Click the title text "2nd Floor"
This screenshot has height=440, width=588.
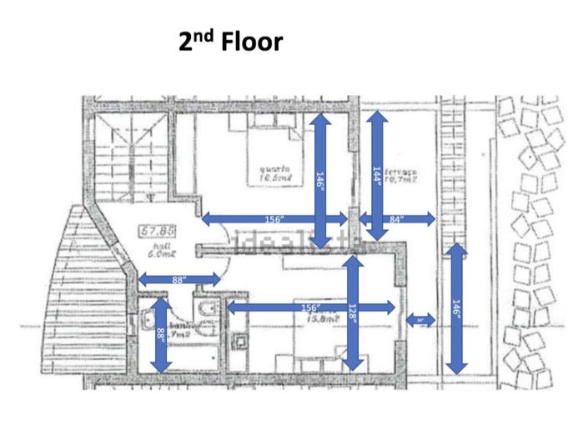(231, 41)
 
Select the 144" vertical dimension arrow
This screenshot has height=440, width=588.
(376, 177)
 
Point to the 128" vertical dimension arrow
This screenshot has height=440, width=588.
(354, 312)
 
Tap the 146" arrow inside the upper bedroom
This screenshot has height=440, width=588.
(321, 177)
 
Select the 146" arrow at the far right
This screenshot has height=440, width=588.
(455, 308)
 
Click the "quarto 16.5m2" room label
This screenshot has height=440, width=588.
(269, 171)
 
